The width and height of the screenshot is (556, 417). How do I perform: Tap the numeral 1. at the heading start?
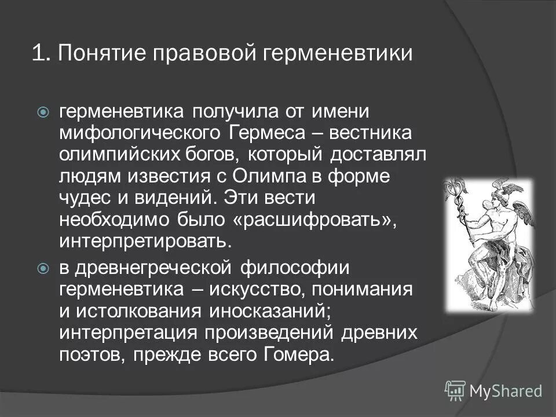coord(39,54)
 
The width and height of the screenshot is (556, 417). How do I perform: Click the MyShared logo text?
coord(506,391)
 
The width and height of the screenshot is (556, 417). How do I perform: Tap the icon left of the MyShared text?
coord(455,390)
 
